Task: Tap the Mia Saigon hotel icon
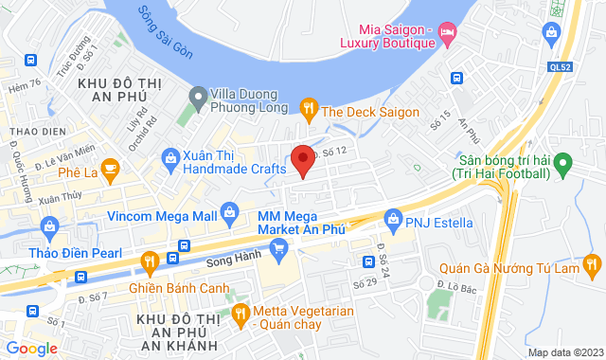click(448, 37)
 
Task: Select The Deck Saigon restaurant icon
click(309, 111)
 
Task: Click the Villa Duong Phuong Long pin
click(198, 97)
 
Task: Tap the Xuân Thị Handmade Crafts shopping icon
click(170, 157)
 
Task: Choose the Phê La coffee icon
click(110, 172)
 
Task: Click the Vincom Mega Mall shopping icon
click(228, 210)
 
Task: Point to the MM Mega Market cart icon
click(278, 250)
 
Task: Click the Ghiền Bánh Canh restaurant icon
click(149, 261)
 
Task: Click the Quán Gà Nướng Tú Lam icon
click(592, 262)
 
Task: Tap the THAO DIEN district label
click(34, 130)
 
